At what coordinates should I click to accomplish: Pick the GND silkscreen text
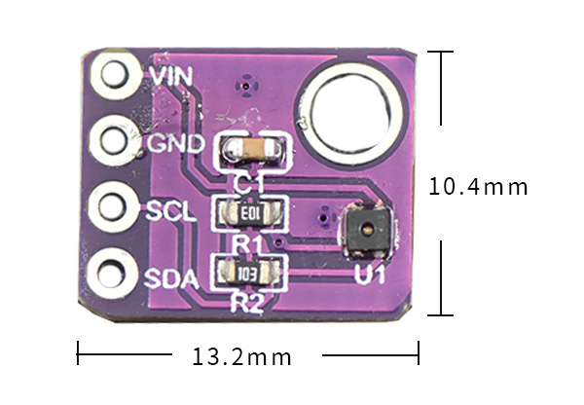175,144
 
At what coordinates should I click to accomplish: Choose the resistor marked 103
251,273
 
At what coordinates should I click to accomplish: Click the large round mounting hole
357,112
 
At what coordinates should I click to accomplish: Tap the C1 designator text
247,182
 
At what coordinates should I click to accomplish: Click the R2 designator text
247,303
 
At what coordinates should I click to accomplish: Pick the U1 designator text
370,276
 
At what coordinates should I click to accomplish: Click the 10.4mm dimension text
479,186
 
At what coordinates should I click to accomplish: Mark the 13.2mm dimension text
242,356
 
